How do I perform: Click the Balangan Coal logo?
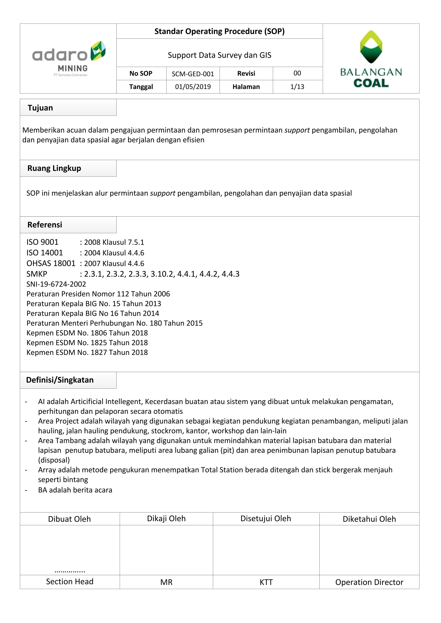[371, 59]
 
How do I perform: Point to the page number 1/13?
[297, 87]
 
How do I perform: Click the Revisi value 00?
[297, 73]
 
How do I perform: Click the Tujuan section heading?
[40, 108]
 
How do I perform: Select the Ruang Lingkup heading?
[54, 168]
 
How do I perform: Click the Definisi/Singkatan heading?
[60, 380]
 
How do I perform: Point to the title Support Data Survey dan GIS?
[219, 55]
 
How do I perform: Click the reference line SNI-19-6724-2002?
[56, 284]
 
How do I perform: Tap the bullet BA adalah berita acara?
[75, 490]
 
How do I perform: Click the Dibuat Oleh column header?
[69, 519]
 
